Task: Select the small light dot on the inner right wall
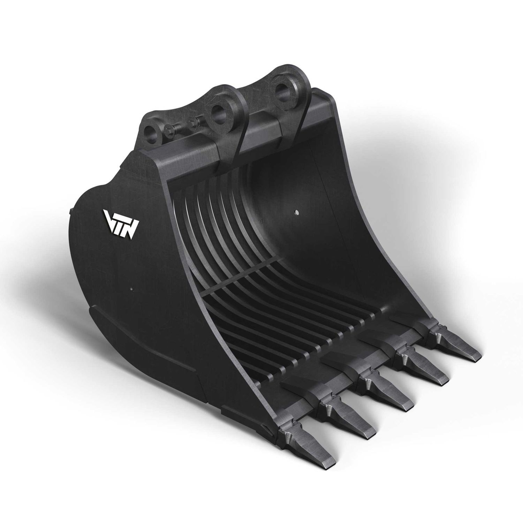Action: point(296,212)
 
